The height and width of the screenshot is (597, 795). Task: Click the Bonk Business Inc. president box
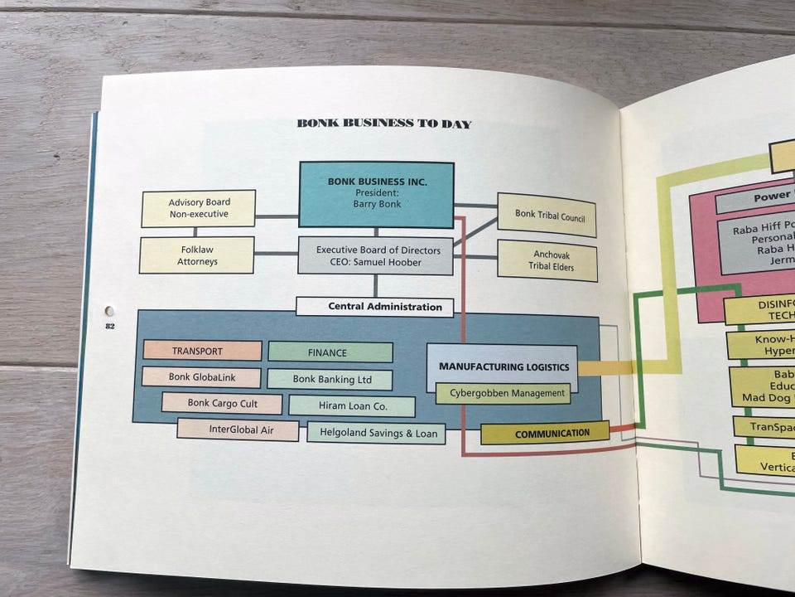click(x=376, y=194)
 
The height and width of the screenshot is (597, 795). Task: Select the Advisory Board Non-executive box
click(x=199, y=208)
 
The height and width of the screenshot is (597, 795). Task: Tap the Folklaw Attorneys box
click(x=197, y=255)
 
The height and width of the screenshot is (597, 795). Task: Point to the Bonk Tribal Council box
click(x=547, y=214)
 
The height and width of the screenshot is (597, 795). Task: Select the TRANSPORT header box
click(x=202, y=351)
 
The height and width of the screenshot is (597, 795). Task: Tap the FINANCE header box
click(x=330, y=352)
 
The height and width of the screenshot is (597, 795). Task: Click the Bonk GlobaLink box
click(x=201, y=377)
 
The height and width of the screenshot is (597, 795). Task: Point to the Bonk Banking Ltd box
click(x=330, y=380)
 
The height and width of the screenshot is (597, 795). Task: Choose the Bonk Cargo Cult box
click(x=222, y=404)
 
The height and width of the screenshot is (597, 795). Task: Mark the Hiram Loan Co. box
click(x=351, y=406)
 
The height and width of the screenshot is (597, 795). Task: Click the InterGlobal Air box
click(x=238, y=430)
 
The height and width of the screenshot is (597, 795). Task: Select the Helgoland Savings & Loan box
click(x=376, y=433)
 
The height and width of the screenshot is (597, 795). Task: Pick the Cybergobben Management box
click(x=503, y=394)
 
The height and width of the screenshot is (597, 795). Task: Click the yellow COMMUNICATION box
click(x=545, y=433)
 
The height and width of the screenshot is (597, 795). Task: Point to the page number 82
click(x=109, y=327)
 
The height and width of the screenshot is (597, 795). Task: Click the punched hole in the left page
click(x=109, y=311)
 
